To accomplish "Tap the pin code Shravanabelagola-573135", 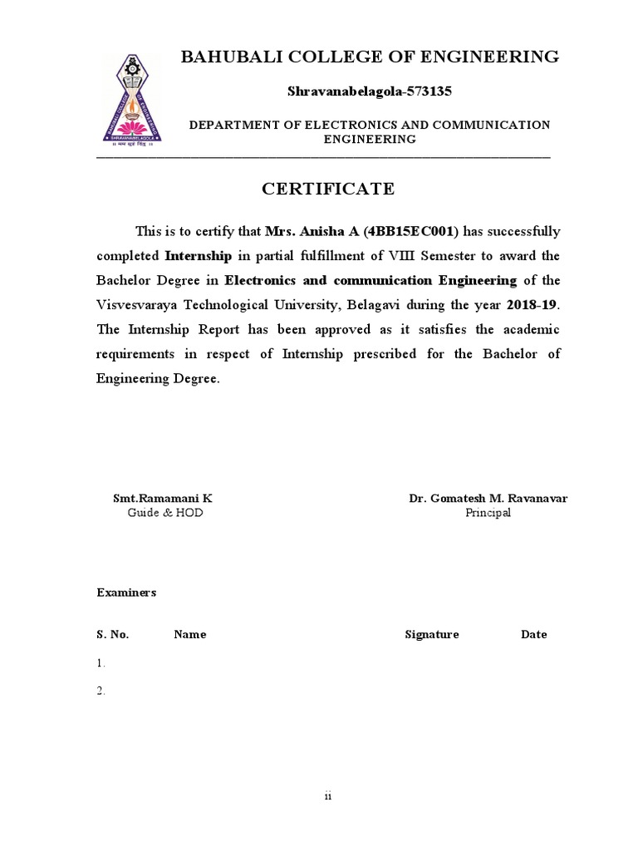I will point(370,90).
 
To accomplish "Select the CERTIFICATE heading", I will point(328,189).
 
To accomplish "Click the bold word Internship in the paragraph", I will point(199,255).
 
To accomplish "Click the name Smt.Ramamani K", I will point(163,499).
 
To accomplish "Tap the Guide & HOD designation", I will point(164,513).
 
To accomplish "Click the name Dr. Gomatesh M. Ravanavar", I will point(488,499).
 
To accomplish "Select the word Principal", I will point(488,513).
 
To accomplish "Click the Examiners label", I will point(126,593).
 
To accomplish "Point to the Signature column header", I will point(431,634).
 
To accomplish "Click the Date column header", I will point(533,634).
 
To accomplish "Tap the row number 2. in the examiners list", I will point(101,691).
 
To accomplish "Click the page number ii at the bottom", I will point(327,797).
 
